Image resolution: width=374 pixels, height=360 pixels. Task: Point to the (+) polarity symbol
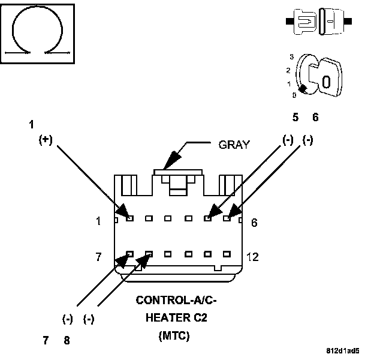46,139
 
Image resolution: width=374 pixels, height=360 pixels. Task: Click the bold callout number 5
295,118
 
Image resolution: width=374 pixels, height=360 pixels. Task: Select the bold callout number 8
67,340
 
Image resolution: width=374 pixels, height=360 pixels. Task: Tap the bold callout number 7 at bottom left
46,340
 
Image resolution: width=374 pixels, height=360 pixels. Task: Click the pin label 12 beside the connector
252,257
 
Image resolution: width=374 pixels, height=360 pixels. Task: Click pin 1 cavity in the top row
129,218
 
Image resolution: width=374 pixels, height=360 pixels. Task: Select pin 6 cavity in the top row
227,218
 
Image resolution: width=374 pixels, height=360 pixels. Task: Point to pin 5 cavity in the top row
208,218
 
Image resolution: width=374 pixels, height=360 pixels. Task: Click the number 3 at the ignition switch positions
291,56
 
